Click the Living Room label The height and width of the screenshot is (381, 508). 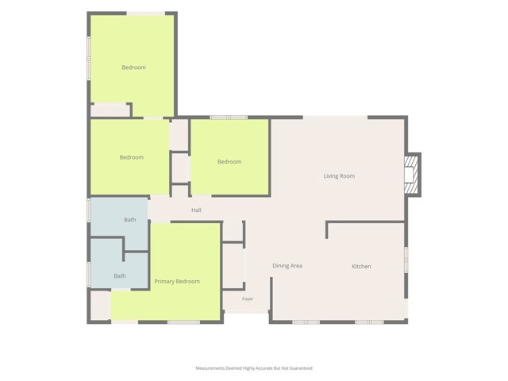coord(339,176)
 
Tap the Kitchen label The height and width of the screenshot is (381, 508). coord(361,267)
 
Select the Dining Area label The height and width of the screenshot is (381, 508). coord(287,266)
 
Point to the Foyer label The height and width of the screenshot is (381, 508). coord(248,298)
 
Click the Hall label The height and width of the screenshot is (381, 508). coord(196,210)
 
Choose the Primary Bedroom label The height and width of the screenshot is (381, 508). coord(177,282)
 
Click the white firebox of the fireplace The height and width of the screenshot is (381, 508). coord(409,175)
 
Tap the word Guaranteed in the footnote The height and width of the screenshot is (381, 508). coord(301,368)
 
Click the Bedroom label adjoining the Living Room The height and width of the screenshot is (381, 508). coord(229,162)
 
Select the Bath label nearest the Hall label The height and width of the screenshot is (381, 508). coord(130,220)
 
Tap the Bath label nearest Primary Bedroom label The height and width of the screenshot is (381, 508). coord(120,276)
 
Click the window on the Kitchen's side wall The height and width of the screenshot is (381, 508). coord(406,260)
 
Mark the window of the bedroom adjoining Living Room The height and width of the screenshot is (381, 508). coord(229,117)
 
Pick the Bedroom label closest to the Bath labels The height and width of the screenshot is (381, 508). coord(132,157)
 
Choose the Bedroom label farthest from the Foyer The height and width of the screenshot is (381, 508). coord(133,67)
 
